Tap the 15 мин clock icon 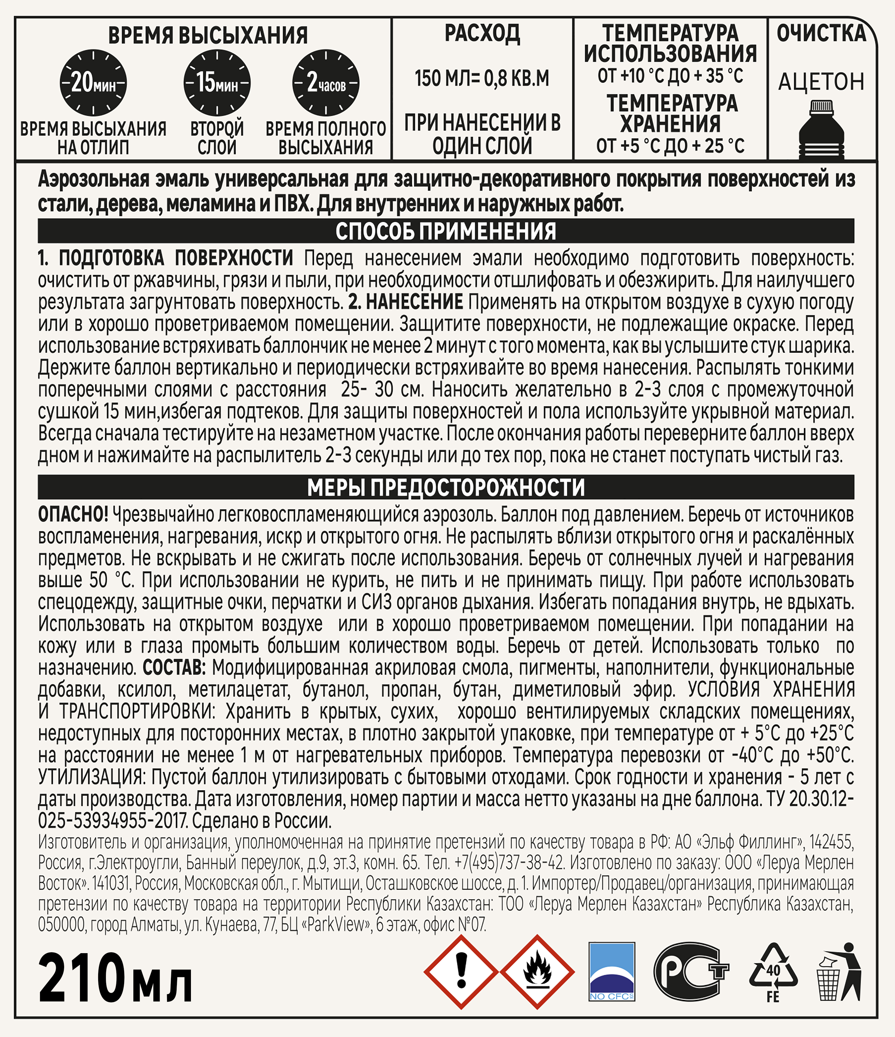pos(217,83)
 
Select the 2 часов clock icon pos(326,83)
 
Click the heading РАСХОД pos(482,34)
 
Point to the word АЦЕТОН pos(821,81)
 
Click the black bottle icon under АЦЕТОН pos(821,129)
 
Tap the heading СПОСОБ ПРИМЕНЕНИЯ pos(446,231)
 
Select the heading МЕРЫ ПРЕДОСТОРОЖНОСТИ pos(446,487)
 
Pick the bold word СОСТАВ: pos(174,667)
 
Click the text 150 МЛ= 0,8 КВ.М pos(482,78)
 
